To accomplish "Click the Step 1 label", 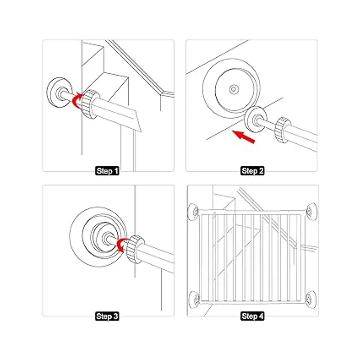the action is [107, 171].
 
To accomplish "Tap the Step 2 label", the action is [252, 171].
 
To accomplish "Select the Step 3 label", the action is [107, 316].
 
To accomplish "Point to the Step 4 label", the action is [252, 316].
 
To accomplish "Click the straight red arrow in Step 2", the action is [244, 137].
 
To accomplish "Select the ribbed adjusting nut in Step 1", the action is [89, 104].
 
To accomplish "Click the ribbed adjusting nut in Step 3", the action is [136, 250].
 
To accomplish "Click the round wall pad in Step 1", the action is [59, 92].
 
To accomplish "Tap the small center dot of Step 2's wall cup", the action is [233, 89].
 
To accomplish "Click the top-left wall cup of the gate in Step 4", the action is [194, 211].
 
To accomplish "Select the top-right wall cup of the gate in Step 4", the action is [311, 210].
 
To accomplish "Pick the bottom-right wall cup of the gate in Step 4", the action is [310, 299].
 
